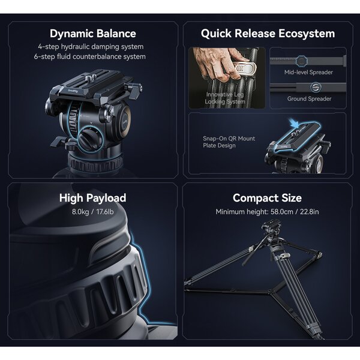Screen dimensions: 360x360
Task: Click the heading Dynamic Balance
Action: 93,34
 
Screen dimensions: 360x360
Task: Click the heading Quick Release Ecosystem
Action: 268,34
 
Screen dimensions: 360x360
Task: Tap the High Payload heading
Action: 93,198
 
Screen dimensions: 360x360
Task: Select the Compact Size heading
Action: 267,198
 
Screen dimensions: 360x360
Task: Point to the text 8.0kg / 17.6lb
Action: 93,212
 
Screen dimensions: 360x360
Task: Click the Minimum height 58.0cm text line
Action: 267,212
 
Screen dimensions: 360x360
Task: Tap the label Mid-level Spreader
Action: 308,73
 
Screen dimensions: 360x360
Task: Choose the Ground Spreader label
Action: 309,99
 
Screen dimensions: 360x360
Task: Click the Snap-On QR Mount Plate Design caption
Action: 229,142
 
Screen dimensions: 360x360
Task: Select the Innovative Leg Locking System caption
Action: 225,98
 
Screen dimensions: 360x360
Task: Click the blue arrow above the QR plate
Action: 294,123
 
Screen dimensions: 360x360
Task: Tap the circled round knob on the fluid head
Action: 91,140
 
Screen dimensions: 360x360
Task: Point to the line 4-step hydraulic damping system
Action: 91,47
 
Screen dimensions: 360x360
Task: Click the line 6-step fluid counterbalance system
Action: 90,56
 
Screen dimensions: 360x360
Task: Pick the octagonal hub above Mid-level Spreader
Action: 301,61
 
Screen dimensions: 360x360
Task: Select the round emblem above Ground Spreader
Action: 316,87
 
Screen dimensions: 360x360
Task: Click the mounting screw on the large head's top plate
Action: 89,79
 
